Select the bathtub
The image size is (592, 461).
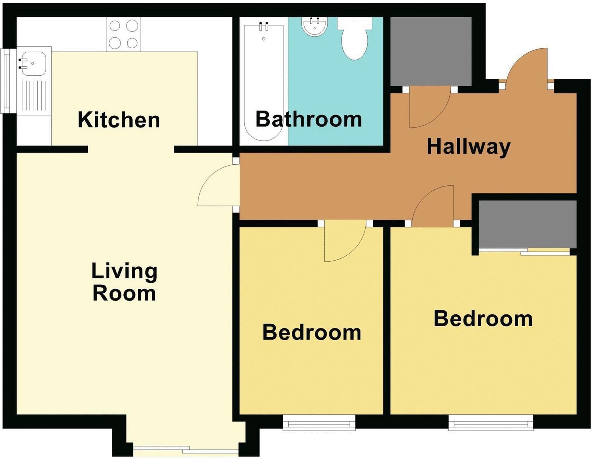pyautogui.click(x=264, y=81)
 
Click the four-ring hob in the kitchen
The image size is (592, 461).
pyautogui.click(x=124, y=34)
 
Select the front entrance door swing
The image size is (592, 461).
pyautogui.click(x=527, y=68)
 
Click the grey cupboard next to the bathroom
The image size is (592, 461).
pyautogui.click(x=431, y=51)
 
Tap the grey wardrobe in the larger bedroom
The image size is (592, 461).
pyautogui.click(x=527, y=224)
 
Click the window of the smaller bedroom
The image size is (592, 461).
pyautogui.click(x=319, y=423)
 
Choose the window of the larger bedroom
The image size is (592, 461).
pyautogui.click(x=491, y=423)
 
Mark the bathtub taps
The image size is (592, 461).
pyautogui.click(x=264, y=27)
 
